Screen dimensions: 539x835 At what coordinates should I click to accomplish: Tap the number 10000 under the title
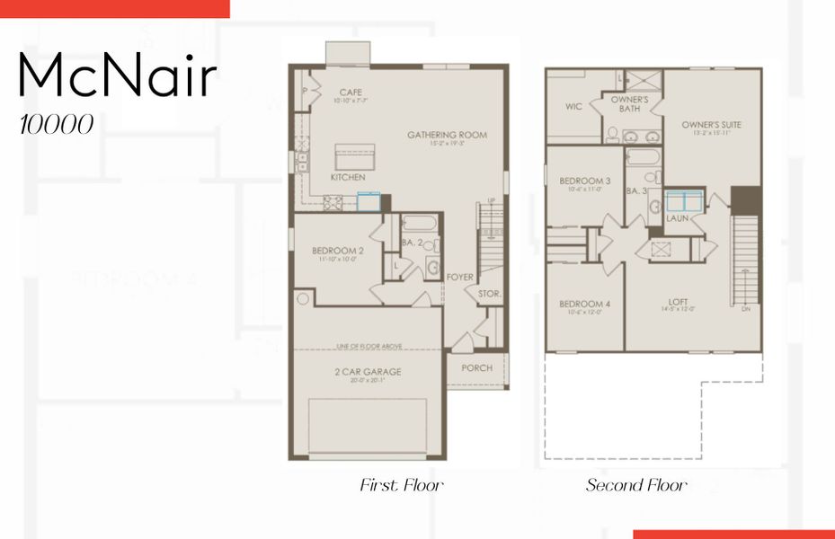pyautogui.click(x=57, y=125)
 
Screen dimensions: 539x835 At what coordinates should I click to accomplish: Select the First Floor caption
pyautogui.click(x=402, y=486)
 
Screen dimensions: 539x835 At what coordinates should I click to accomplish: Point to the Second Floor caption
pyautogui.click(x=636, y=486)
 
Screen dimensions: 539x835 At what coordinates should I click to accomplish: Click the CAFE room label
pyautogui.click(x=351, y=93)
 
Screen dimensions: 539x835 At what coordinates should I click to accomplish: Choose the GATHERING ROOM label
pyautogui.click(x=447, y=136)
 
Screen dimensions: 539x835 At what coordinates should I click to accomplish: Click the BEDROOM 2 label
pyautogui.click(x=338, y=251)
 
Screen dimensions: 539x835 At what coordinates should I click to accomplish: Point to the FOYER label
pyautogui.click(x=459, y=278)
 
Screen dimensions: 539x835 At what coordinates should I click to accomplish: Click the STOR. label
pyautogui.click(x=490, y=294)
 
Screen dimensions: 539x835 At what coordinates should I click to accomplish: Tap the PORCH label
pyautogui.click(x=477, y=368)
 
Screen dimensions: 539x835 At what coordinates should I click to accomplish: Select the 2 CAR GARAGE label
pyautogui.click(x=369, y=372)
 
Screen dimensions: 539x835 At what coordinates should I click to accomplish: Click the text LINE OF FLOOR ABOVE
pyautogui.click(x=369, y=346)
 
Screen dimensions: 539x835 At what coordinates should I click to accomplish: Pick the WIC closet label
pyautogui.click(x=573, y=106)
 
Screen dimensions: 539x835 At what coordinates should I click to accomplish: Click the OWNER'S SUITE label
pyautogui.click(x=711, y=125)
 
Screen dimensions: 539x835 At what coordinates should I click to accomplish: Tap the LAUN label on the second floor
pyautogui.click(x=677, y=218)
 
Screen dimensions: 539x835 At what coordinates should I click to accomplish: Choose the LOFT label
pyautogui.click(x=678, y=302)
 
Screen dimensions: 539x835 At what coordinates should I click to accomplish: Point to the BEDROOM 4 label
pyautogui.click(x=584, y=304)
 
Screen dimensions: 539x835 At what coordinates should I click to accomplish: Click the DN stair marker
pyautogui.click(x=746, y=310)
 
